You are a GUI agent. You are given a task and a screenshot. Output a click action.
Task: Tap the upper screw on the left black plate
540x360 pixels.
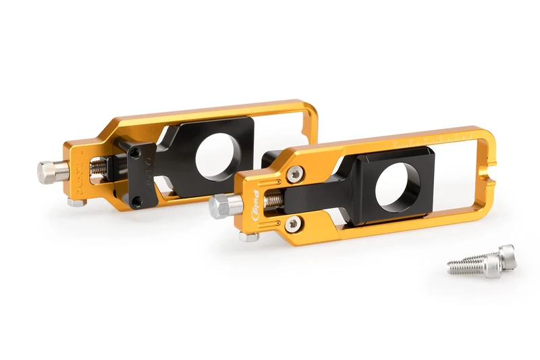(135, 154)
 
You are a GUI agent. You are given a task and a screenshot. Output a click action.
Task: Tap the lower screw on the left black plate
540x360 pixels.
(137, 201)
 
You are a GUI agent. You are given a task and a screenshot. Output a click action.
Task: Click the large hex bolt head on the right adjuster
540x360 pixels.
(222, 206)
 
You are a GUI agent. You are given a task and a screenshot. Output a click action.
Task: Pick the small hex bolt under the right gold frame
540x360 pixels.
(248, 236)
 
